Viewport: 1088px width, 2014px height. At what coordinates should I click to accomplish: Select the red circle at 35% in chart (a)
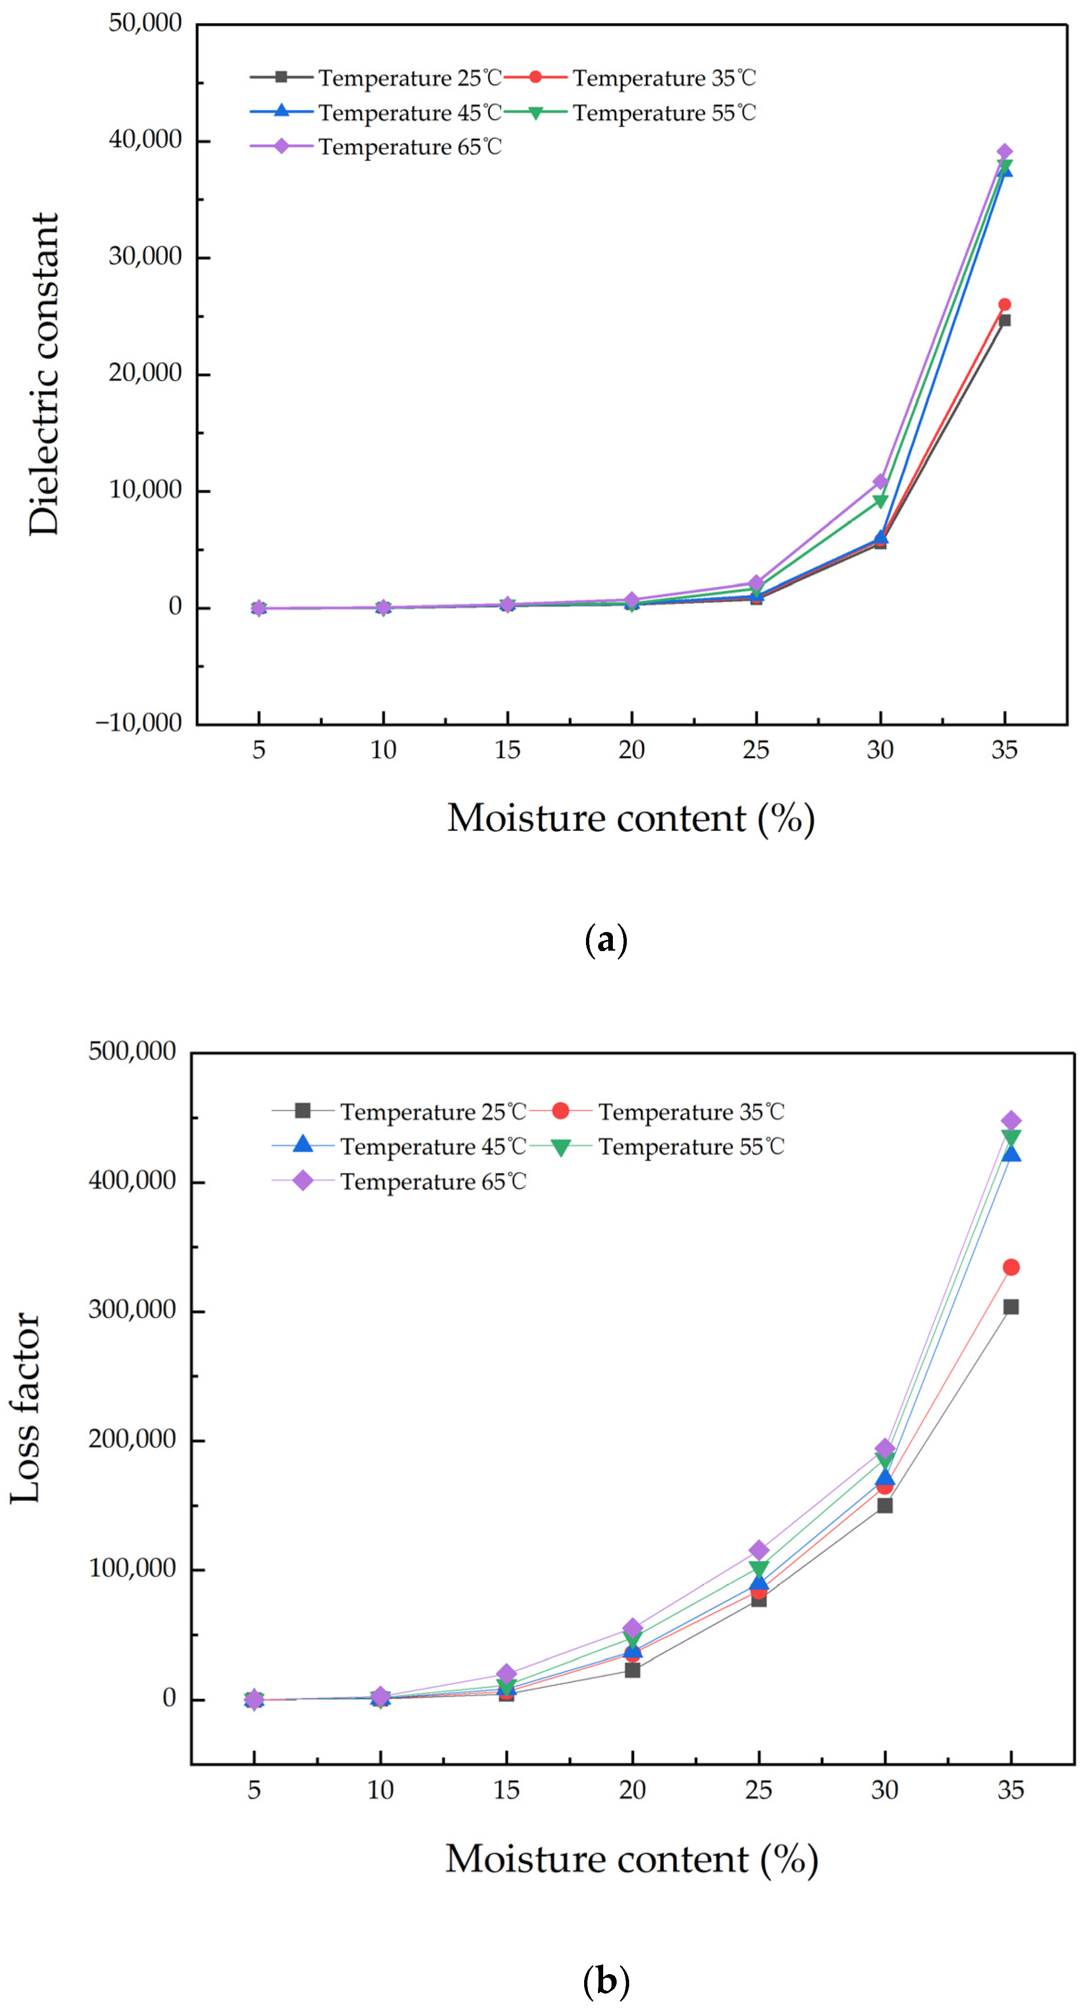(x=1004, y=304)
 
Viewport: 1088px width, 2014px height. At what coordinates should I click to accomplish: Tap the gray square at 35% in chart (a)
(x=1004, y=321)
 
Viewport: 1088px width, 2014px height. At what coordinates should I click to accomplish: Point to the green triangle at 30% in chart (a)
(x=880, y=501)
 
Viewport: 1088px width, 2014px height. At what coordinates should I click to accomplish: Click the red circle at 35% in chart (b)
(x=1011, y=1268)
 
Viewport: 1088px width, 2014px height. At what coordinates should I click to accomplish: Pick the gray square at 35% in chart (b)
(x=1011, y=1307)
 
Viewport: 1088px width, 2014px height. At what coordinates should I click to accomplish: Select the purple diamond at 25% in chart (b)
(x=758, y=1551)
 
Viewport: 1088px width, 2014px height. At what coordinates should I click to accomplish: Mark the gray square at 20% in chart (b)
(x=632, y=1670)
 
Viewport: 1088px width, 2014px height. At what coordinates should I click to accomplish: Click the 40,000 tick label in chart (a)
(x=145, y=139)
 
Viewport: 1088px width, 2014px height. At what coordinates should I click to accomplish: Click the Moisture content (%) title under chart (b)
(x=631, y=1859)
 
